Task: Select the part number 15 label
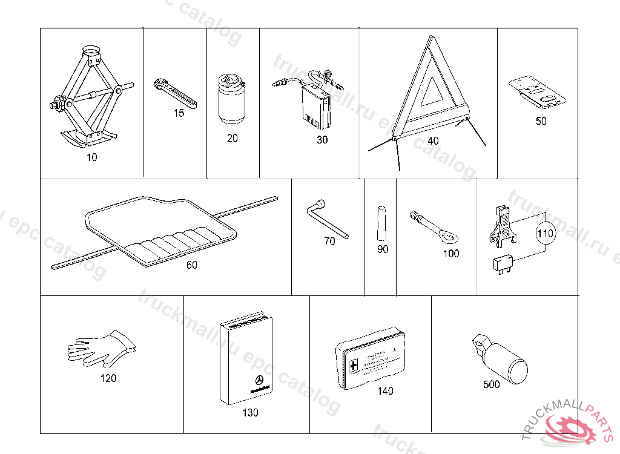[x=178, y=113]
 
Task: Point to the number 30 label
[x=322, y=140]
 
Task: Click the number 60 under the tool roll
[x=191, y=265]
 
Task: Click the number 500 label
[x=492, y=384]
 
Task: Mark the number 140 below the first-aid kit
[x=384, y=391]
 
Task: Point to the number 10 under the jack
[x=91, y=157]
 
